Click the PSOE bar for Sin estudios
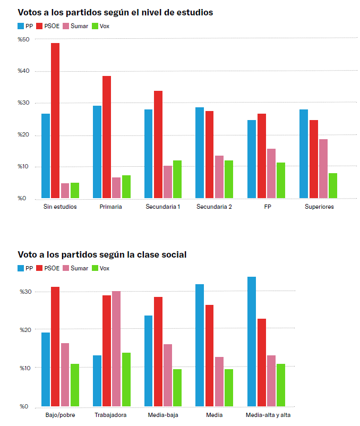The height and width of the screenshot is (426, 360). (55, 121)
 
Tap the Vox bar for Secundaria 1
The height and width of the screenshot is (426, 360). (177, 180)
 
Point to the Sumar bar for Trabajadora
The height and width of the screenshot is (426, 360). (116, 349)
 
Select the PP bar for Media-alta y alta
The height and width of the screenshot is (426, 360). (252, 342)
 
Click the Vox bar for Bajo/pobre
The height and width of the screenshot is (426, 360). (74, 385)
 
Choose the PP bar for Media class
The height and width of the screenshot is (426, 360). (200, 345)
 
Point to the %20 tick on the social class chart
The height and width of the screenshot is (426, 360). (27, 330)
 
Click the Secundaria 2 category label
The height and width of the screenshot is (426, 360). (213, 207)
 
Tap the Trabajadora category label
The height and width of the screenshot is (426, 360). (110, 415)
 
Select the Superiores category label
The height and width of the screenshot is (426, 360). (319, 207)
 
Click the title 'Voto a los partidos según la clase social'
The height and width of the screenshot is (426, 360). (102, 254)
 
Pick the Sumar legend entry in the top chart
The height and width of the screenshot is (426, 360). (75, 25)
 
